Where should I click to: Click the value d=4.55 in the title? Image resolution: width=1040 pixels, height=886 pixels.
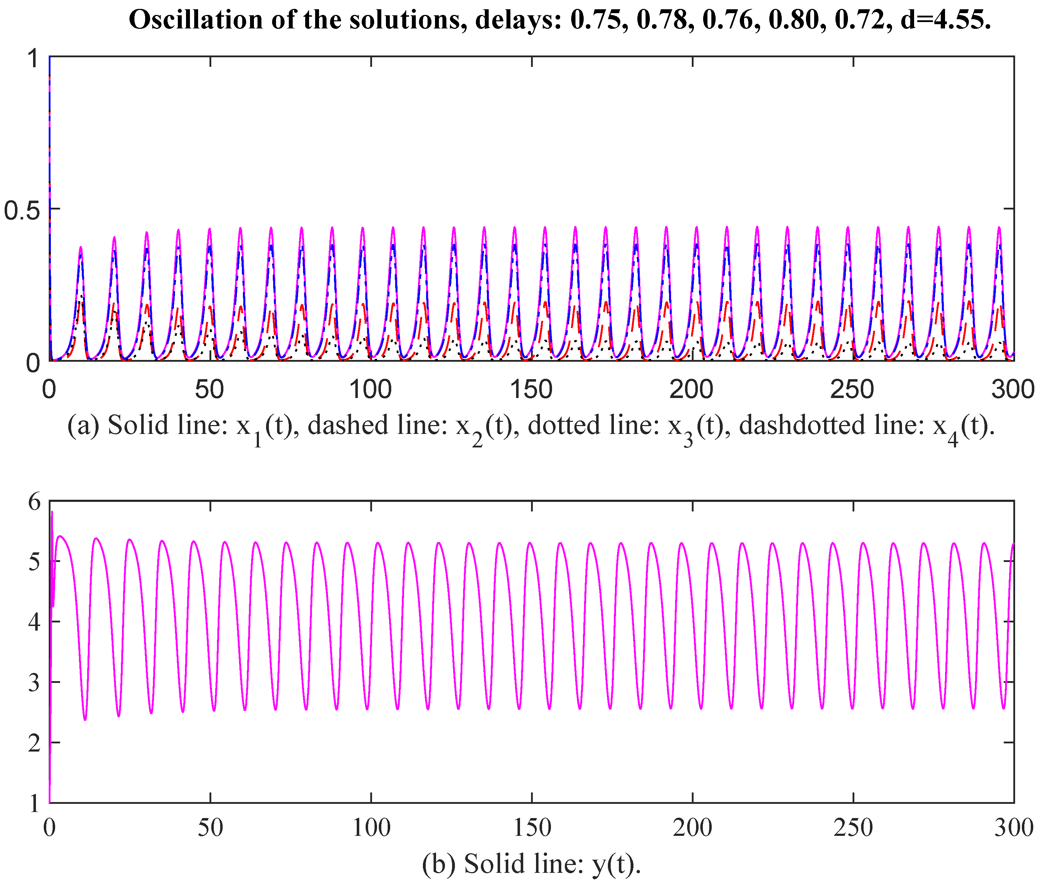tap(946, 20)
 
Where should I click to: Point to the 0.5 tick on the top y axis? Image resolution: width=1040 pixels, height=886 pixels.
tap(23, 210)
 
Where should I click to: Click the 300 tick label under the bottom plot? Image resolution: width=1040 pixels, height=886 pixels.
tap(1013, 828)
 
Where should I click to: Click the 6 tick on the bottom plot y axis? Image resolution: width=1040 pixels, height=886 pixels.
tap(34, 502)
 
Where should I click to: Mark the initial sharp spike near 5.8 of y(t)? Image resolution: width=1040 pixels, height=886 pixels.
tap(52, 513)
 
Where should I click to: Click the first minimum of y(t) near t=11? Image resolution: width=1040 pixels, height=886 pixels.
tap(85, 719)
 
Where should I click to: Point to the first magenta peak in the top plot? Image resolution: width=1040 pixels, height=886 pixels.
tap(80, 248)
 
